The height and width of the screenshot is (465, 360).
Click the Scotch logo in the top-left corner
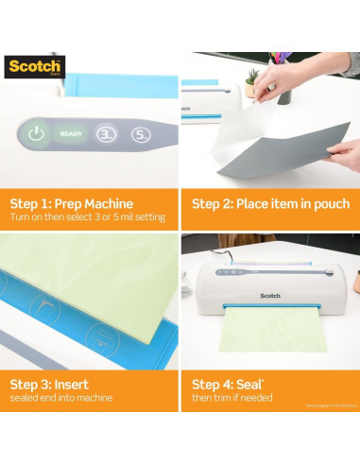(x=34, y=67)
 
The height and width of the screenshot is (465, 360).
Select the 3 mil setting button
(x=108, y=134)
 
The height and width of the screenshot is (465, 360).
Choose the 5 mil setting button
(x=142, y=134)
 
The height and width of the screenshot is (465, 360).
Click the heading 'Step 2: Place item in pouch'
(x=270, y=203)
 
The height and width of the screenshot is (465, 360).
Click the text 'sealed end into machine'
(x=62, y=398)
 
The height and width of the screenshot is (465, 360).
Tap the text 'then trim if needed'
(x=232, y=398)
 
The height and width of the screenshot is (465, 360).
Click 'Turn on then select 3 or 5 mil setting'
(x=87, y=217)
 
